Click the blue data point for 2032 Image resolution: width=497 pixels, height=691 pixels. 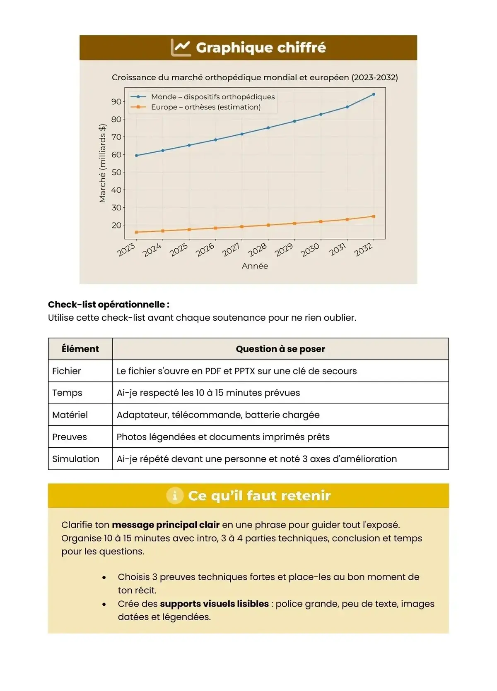point(374,94)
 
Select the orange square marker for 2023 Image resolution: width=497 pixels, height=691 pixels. point(137,232)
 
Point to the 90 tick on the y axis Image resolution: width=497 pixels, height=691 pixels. point(116,102)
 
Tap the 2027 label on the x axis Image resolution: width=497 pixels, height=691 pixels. point(231,250)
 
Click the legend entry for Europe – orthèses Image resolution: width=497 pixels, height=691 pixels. point(205,107)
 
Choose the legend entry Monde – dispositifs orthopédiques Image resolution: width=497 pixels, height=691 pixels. point(212,97)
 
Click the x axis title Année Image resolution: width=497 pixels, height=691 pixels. point(255,266)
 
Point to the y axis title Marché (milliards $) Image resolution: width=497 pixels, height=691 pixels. point(102,163)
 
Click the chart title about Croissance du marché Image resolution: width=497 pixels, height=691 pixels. point(255,77)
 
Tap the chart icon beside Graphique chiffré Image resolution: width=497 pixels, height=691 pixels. point(181,48)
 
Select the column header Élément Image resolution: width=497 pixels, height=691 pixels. point(80,349)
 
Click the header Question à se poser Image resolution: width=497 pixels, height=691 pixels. point(280,349)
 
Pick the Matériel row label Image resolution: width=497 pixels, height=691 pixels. point(70,415)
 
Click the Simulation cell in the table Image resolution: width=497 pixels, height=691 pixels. point(76,459)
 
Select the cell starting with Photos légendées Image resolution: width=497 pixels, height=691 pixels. point(223,437)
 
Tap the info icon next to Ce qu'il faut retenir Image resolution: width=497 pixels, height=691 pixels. point(175,495)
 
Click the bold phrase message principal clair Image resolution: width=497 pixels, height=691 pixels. point(166,525)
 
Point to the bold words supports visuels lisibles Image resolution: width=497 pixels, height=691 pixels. point(214,604)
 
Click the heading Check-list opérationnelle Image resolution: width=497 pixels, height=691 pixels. point(109,305)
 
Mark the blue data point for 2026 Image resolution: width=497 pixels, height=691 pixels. point(215,140)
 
